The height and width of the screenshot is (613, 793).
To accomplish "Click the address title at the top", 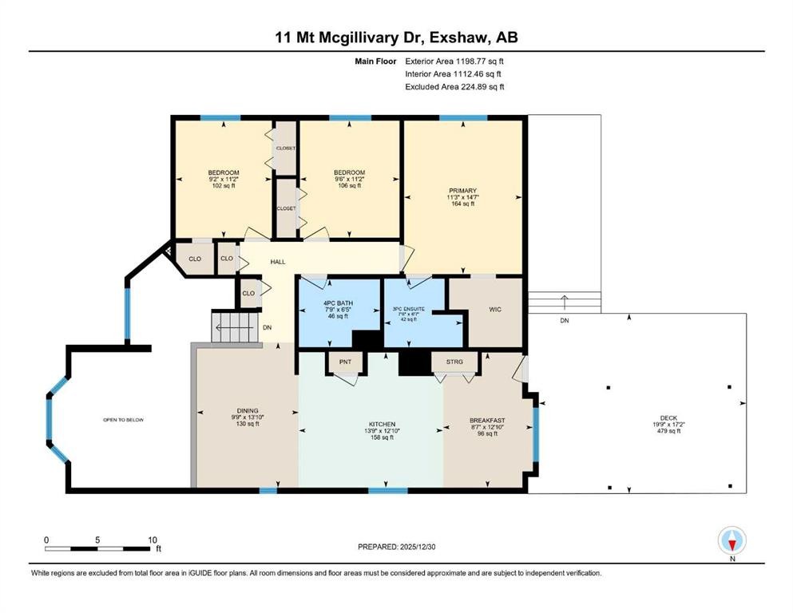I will pyautogui.click(x=396, y=38).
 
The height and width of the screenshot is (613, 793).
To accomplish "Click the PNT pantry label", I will pyautogui.click(x=345, y=362).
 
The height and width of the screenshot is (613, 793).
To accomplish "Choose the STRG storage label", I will pyautogui.click(x=454, y=362).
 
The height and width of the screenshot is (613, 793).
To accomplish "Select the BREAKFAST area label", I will pyautogui.click(x=487, y=421).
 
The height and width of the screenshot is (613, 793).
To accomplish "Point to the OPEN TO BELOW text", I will pyautogui.click(x=123, y=420).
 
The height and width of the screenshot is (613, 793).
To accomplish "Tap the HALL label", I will pyautogui.click(x=277, y=261).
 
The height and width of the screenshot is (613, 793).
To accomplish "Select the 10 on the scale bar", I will pyautogui.click(x=152, y=539).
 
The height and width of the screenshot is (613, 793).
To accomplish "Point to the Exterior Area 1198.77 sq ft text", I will pyautogui.click(x=454, y=61).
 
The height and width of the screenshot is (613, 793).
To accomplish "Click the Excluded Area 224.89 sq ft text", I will pyautogui.click(x=454, y=87).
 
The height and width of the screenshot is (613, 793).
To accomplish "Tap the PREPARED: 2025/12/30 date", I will pyautogui.click(x=396, y=547).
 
